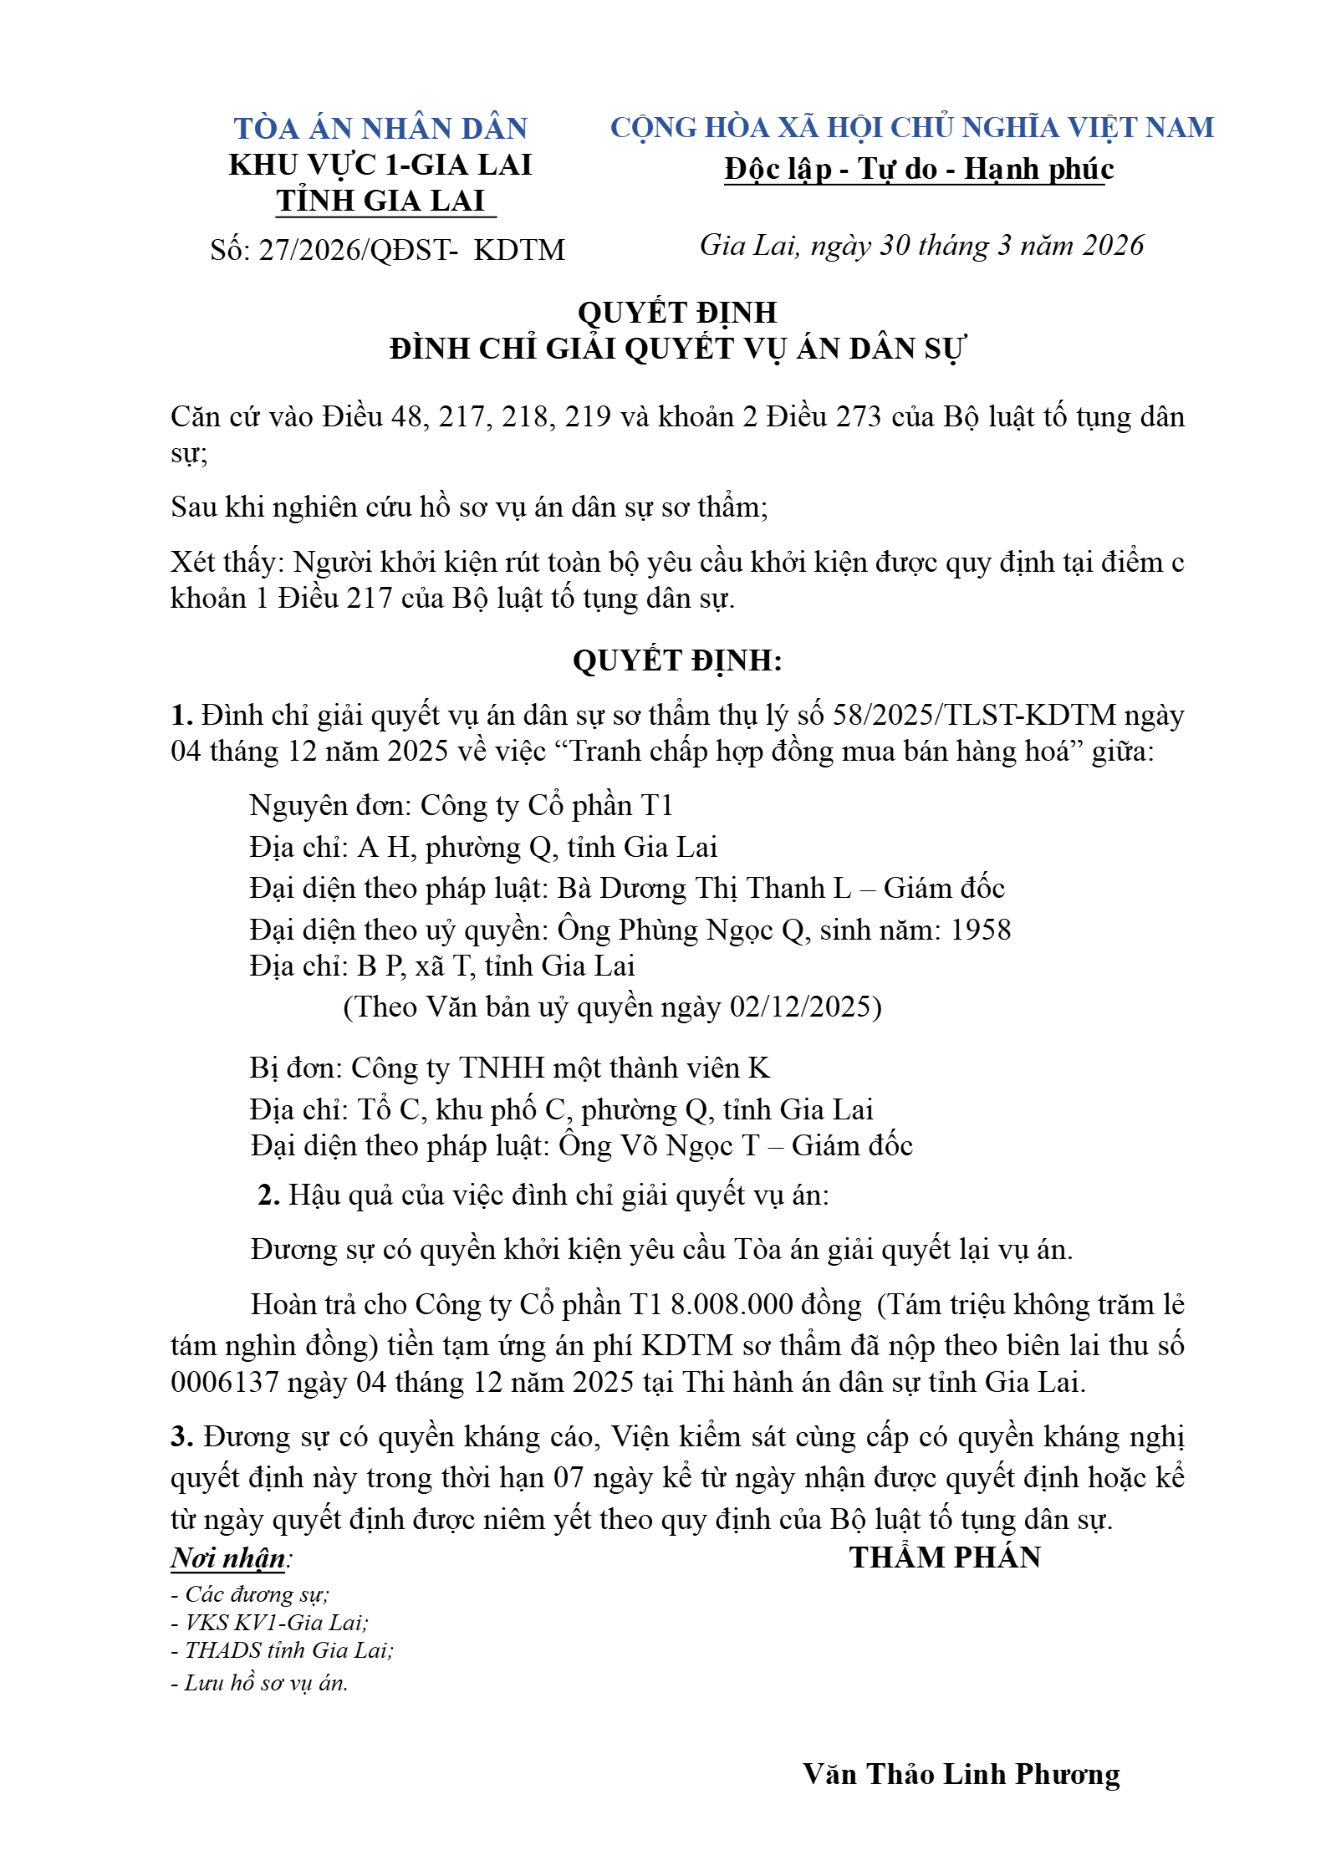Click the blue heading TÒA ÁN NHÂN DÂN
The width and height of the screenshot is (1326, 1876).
380,128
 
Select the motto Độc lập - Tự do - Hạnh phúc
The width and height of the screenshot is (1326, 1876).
919,169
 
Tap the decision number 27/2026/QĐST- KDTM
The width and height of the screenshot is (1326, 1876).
411,250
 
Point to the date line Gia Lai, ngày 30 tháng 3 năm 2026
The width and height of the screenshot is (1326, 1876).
921,246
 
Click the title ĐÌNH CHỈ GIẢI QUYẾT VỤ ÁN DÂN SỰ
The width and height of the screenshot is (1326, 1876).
677,349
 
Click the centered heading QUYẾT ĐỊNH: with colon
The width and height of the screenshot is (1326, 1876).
677,660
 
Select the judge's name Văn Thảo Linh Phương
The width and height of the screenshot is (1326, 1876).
961,1774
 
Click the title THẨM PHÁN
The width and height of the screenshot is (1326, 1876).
945,1557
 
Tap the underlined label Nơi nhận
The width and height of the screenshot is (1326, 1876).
228,1558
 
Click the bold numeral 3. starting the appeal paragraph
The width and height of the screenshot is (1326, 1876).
181,1437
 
